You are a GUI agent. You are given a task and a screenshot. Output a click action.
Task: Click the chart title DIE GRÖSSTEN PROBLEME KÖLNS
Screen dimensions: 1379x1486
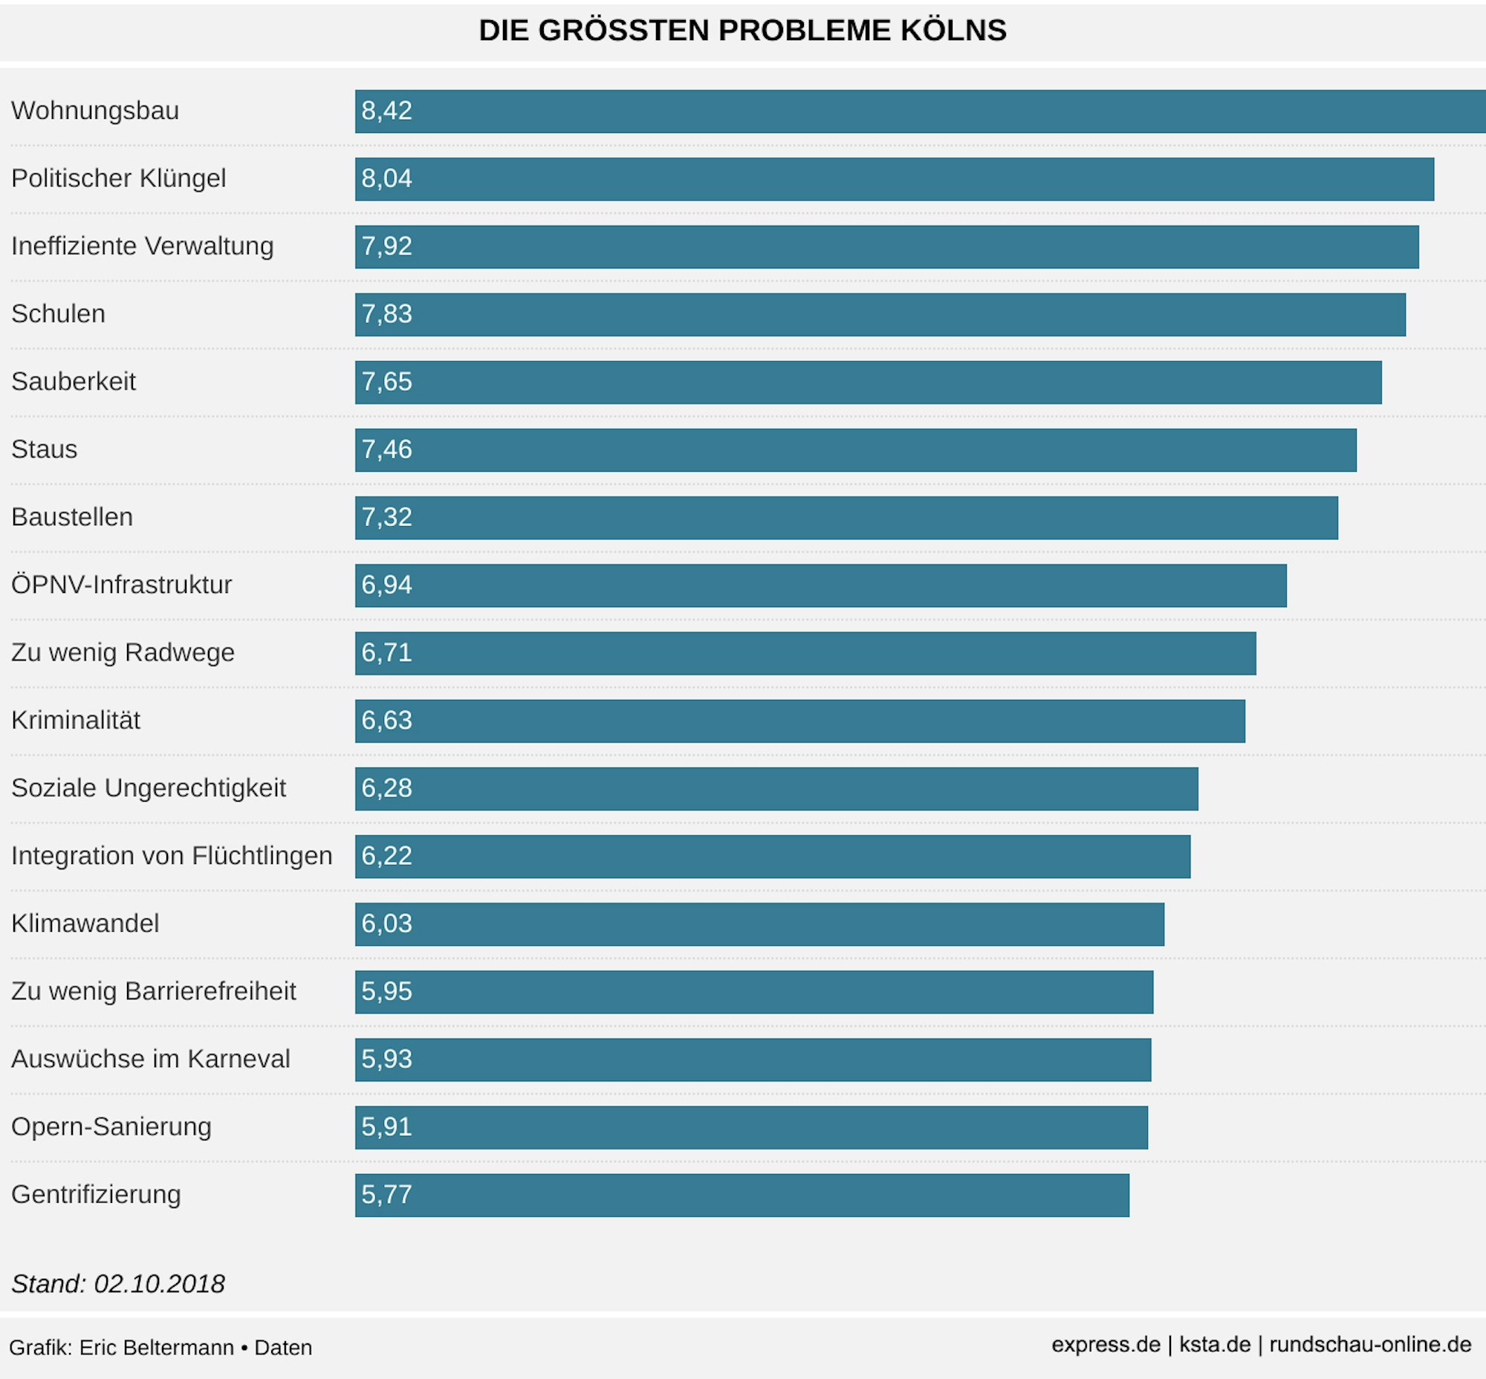pos(742,30)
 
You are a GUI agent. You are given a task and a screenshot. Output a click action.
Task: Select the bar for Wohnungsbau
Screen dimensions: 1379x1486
pos(920,111)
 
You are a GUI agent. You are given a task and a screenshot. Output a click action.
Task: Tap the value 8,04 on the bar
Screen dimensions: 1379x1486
pos(386,179)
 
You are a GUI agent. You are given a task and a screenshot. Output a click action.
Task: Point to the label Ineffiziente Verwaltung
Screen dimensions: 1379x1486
pos(143,246)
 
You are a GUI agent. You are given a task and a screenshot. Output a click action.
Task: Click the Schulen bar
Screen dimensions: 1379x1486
pos(880,314)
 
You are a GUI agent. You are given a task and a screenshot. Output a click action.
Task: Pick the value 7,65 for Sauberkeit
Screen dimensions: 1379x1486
pos(386,382)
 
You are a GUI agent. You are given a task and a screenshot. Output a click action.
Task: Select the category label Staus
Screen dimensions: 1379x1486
pos(44,450)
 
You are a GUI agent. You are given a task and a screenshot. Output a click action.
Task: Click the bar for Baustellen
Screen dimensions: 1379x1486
pos(846,517)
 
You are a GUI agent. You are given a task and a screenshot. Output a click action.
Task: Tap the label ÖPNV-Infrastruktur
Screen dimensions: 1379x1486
pos(122,585)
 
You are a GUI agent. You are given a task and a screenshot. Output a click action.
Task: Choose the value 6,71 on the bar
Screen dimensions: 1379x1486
pos(386,653)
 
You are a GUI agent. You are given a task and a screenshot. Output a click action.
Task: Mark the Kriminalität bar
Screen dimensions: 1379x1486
pos(799,721)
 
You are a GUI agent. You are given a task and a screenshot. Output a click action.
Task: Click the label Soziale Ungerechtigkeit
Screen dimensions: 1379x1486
pos(149,788)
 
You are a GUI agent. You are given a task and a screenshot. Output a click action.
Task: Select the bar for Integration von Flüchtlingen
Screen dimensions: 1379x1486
pos(773,856)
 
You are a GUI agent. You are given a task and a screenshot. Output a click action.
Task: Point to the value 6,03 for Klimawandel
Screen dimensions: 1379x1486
pos(386,924)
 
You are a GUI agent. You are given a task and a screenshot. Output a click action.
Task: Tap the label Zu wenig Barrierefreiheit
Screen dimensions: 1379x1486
pos(154,991)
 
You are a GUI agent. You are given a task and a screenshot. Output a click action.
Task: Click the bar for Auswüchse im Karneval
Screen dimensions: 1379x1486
pos(753,1059)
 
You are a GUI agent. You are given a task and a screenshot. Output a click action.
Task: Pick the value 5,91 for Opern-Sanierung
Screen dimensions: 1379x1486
pos(386,1127)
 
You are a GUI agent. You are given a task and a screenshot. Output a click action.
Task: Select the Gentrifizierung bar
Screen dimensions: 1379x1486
pos(742,1195)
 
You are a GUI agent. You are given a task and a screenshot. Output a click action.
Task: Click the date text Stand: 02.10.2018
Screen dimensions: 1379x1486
pos(118,1283)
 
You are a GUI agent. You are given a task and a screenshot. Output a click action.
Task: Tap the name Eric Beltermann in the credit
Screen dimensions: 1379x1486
pos(157,1348)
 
